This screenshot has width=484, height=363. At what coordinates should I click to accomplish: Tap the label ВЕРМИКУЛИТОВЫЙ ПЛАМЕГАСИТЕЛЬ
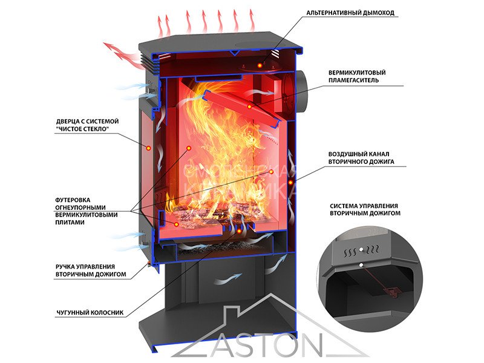(357, 76)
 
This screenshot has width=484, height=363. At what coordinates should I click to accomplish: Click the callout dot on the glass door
(146, 147)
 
